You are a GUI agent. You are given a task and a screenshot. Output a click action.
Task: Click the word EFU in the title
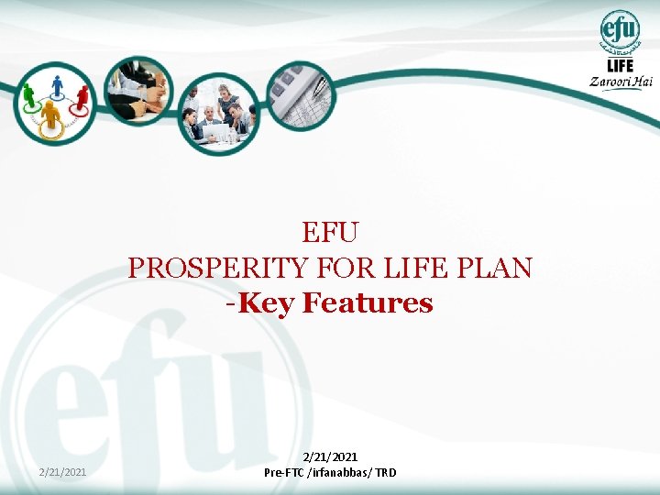point(329,233)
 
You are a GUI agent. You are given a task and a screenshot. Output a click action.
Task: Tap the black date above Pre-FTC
point(330,456)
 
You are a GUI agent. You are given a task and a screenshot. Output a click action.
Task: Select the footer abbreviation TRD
point(385,473)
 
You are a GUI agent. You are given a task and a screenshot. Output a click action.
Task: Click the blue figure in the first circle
point(57,85)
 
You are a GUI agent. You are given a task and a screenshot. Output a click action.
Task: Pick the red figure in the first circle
point(82,94)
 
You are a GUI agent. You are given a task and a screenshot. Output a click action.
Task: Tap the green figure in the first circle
point(28,94)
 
